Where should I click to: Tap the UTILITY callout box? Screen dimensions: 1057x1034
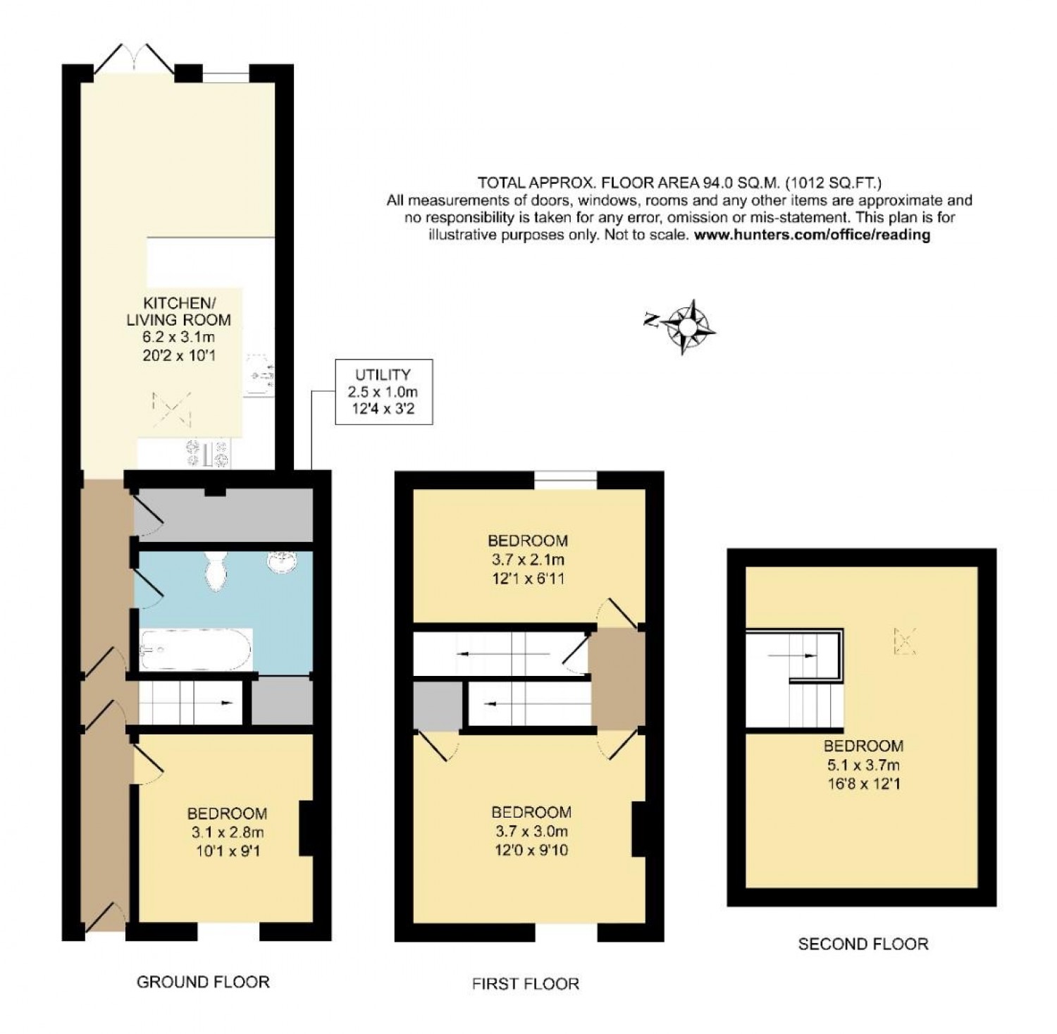click(383, 392)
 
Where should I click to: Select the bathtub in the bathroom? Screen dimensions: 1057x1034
click(195, 650)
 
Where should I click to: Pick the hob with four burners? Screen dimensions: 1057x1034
click(207, 453)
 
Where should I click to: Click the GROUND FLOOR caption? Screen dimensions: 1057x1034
click(203, 981)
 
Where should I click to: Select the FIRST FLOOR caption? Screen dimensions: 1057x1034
click(526, 983)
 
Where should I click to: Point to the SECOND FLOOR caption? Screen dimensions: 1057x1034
click(863, 943)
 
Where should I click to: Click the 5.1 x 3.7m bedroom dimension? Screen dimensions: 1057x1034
click(863, 764)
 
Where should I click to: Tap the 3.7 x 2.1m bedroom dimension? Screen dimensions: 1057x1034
click(528, 560)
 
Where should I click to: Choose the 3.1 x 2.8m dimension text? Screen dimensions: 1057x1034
click(227, 832)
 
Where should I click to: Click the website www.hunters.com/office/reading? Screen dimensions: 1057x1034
click(812, 235)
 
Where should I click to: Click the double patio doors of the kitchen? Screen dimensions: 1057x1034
click(134, 59)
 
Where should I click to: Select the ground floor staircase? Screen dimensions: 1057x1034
click(190, 702)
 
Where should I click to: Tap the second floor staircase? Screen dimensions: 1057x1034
click(795, 679)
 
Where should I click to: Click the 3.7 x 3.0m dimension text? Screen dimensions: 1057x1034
click(531, 831)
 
